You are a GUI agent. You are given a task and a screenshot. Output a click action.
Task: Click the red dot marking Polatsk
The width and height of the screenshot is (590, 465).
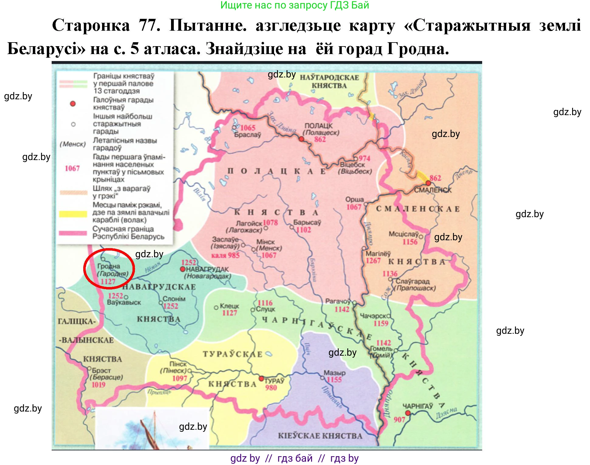pyautogui.click(x=301, y=139)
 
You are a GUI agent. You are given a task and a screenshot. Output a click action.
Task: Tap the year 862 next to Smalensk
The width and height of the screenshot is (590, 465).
pyautogui.click(x=435, y=178)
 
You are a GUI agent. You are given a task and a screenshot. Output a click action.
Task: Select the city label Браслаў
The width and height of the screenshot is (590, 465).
pyautogui.click(x=247, y=135)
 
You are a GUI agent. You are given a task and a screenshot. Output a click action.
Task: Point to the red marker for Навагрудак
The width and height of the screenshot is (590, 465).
pyautogui.click(x=183, y=269)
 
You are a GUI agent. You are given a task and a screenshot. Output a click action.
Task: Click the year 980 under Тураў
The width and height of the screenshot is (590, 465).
pyautogui.click(x=271, y=388)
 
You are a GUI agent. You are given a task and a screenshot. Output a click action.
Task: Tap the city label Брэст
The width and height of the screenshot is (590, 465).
pyautogui.click(x=101, y=371)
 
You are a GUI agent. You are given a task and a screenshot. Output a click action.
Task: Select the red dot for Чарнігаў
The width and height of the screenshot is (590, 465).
pyautogui.click(x=408, y=413)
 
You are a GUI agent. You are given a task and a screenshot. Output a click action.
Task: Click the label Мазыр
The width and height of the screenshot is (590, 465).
pyautogui.click(x=334, y=373)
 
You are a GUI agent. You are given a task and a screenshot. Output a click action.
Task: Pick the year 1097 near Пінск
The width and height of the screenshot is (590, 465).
pyautogui.click(x=180, y=378)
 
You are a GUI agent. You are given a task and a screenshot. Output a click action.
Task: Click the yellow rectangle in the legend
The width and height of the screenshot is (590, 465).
pyautogui.click(x=73, y=214)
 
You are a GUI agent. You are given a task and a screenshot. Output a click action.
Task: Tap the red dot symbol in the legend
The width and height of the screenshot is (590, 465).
pyautogui.click(x=73, y=104)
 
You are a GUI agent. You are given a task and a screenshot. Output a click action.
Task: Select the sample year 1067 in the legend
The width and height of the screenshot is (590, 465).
pyautogui.click(x=72, y=168)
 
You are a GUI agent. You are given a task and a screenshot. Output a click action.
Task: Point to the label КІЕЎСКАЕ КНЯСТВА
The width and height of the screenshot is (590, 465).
pyautogui.click(x=320, y=436)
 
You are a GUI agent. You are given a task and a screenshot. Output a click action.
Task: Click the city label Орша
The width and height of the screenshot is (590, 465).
pyautogui.click(x=354, y=200)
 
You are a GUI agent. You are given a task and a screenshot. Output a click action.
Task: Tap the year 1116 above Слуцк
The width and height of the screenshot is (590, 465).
pyautogui.click(x=265, y=303)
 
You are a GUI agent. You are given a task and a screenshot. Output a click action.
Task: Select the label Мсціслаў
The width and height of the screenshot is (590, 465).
pyautogui.click(x=403, y=234)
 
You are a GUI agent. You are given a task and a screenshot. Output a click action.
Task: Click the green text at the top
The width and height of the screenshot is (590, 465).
pyautogui.click(x=294, y=5)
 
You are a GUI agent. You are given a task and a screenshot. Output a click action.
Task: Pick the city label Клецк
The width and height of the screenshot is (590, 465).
pyautogui.click(x=229, y=306)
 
